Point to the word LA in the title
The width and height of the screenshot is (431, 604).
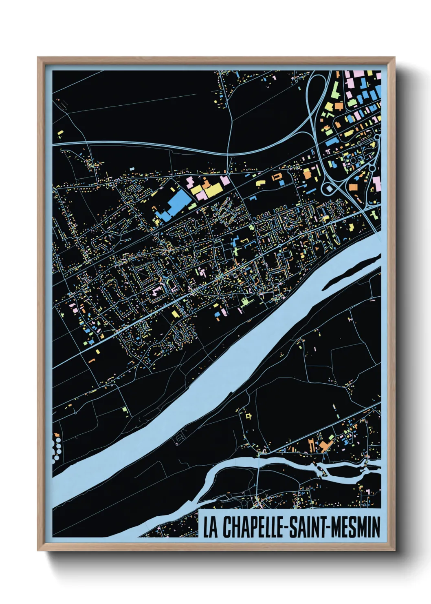coord(210,527)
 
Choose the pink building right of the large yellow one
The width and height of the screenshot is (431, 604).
coord(225,180)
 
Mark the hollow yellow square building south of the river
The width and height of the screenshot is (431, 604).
coord(248,416)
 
